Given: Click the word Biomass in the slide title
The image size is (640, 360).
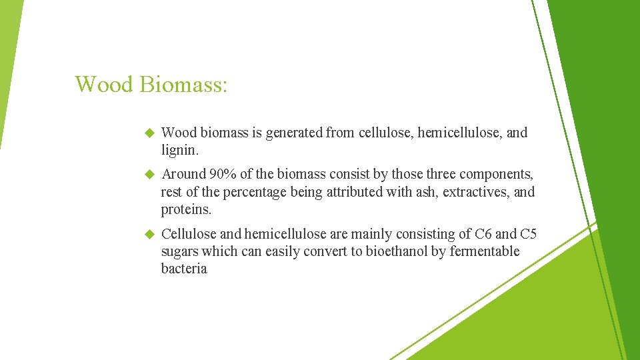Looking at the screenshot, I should (x=183, y=85).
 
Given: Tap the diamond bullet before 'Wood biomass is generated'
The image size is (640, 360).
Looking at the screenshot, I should (x=149, y=133).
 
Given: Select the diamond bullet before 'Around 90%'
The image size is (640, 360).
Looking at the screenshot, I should (x=149, y=175).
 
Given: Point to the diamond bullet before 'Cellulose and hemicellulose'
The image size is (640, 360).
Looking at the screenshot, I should (x=149, y=234).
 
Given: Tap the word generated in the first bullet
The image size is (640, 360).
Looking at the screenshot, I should (x=294, y=133).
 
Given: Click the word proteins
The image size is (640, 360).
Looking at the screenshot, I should (x=186, y=209).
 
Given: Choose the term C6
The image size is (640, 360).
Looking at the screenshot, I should (x=482, y=234).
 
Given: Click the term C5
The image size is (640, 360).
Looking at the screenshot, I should (x=528, y=234).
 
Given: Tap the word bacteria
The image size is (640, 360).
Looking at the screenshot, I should (x=184, y=269).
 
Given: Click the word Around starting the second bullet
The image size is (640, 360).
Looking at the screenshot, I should (x=184, y=175).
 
